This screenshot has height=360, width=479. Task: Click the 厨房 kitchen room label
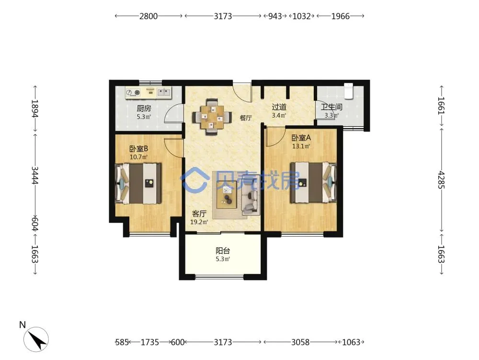144,108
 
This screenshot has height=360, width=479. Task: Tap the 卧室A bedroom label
301,138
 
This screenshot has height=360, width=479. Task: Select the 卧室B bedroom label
139,149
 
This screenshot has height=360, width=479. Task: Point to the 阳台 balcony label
223,251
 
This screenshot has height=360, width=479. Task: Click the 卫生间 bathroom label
331,107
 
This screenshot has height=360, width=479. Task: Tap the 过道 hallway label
279,107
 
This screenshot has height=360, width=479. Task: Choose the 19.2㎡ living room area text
199,222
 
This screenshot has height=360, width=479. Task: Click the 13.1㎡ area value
301,146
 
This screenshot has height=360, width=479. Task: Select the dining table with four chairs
211,117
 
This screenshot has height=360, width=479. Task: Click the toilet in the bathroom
349,91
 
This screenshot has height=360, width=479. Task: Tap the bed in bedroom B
138,183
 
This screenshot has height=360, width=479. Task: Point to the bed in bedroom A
313,182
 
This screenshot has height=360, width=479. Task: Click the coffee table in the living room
227,195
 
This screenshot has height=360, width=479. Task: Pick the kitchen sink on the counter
164,92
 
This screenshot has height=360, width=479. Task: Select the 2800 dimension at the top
148,16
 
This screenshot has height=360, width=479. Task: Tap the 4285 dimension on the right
441,180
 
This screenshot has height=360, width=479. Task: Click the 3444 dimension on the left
35,175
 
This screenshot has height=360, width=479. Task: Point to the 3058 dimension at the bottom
300,342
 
